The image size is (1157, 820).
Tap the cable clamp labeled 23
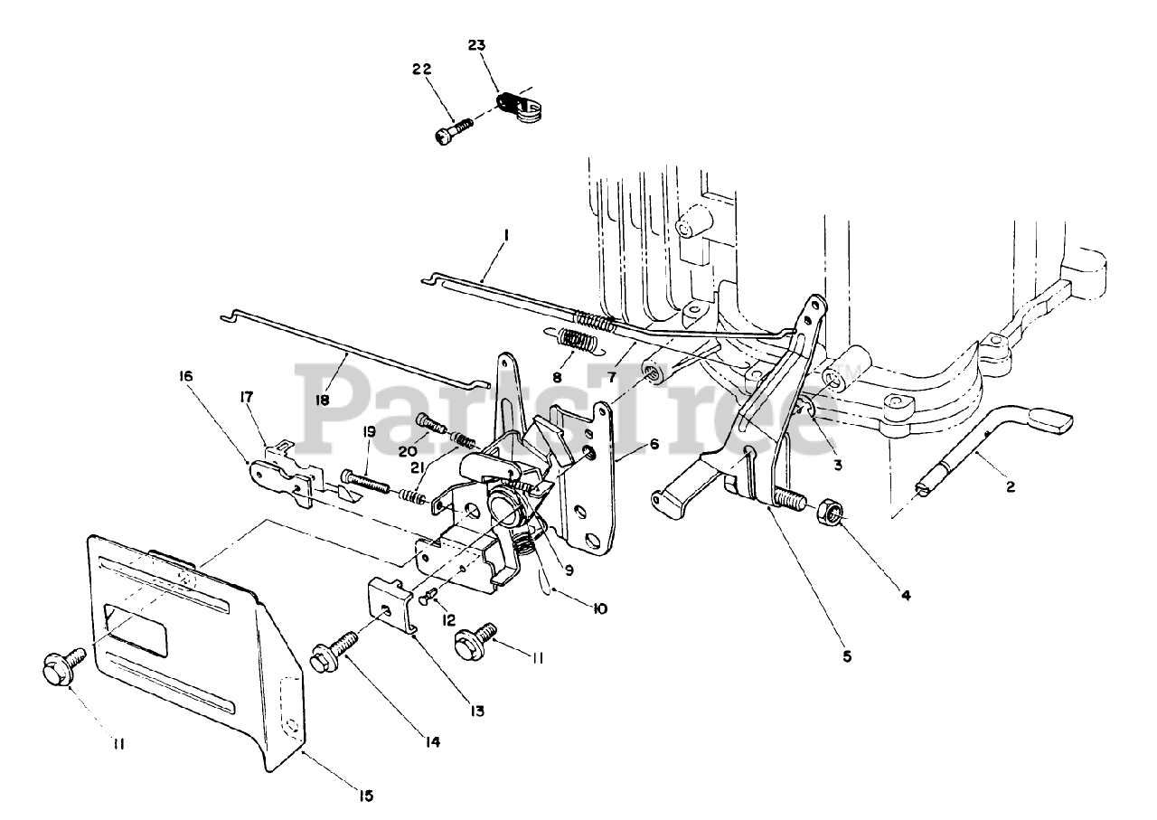[514, 105]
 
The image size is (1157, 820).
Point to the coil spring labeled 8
[576, 343]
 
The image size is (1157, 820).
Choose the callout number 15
[364, 796]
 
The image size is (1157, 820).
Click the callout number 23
[477, 44]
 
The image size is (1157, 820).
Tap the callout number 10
[597, 608]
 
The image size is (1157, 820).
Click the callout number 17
[246, 396]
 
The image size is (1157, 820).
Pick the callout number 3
[837, 465]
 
